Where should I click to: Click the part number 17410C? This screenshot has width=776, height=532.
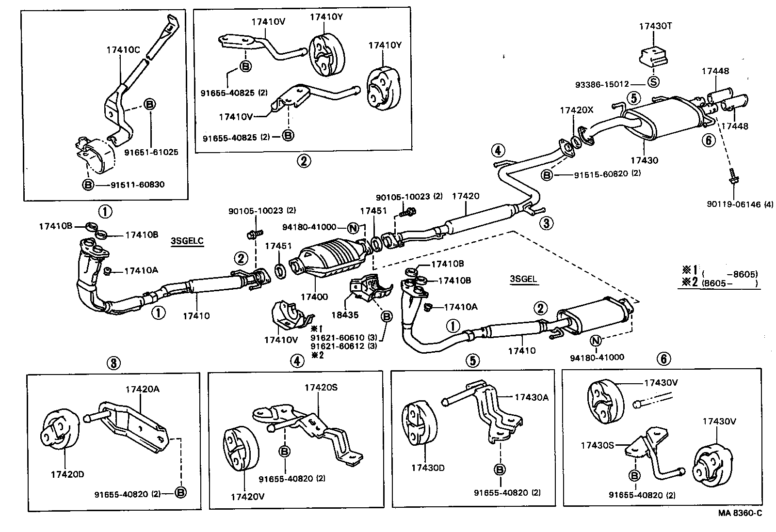(123, 49)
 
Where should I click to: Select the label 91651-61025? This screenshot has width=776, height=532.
(151, 152)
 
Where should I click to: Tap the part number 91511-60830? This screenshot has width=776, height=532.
(137, 185)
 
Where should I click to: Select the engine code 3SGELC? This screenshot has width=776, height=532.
(187, 241)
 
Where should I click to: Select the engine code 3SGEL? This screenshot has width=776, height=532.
(524, 279)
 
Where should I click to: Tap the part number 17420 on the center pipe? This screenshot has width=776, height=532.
(465, 196)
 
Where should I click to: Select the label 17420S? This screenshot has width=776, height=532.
(321, 387)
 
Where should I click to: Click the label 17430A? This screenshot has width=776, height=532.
(531, 397)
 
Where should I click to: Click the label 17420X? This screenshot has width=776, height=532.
(576, 110)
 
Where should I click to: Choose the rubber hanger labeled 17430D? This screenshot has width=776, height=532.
(416, 422)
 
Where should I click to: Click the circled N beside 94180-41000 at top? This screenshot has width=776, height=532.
(353, 227)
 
